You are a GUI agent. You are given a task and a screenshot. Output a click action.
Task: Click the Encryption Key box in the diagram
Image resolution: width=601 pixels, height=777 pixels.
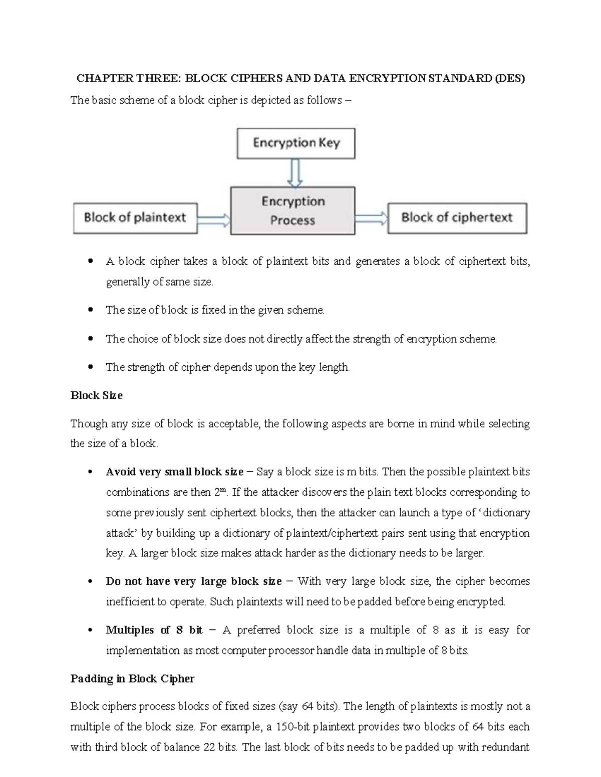point(296,143)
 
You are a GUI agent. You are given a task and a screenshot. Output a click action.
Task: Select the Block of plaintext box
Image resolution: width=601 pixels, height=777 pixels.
point(135,218)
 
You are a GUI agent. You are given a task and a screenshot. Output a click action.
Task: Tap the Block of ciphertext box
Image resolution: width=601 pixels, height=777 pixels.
point(457,218)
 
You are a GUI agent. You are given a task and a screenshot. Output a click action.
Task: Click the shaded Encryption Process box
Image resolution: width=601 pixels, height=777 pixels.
point(292,211)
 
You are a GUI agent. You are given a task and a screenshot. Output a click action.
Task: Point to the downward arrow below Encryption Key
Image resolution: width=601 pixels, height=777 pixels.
point(295,173)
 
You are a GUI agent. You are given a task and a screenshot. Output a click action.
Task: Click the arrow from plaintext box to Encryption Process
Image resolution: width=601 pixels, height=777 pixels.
point(214,219)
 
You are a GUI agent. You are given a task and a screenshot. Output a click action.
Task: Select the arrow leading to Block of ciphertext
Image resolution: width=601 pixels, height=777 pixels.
point(371,218)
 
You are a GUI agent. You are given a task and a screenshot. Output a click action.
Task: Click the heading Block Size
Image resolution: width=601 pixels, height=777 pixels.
point(97,395)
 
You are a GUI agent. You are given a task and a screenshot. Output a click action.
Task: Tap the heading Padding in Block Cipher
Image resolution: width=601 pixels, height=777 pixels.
point(132,678)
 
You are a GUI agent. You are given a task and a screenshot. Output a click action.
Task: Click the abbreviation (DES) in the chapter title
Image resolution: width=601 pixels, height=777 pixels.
point(509,79)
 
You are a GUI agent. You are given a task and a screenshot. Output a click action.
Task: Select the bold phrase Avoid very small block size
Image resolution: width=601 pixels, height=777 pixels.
point(174,472)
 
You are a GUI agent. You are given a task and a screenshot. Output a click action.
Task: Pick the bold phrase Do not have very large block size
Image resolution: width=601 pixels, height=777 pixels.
point(194,581)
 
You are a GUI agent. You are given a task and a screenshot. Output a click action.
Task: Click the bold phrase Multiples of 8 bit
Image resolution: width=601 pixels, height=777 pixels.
point(154,630)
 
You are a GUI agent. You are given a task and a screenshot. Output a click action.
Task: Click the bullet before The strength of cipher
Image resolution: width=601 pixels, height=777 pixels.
point(91,367)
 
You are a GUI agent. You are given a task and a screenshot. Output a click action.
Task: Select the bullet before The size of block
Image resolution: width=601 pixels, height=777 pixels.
point(91,310)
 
